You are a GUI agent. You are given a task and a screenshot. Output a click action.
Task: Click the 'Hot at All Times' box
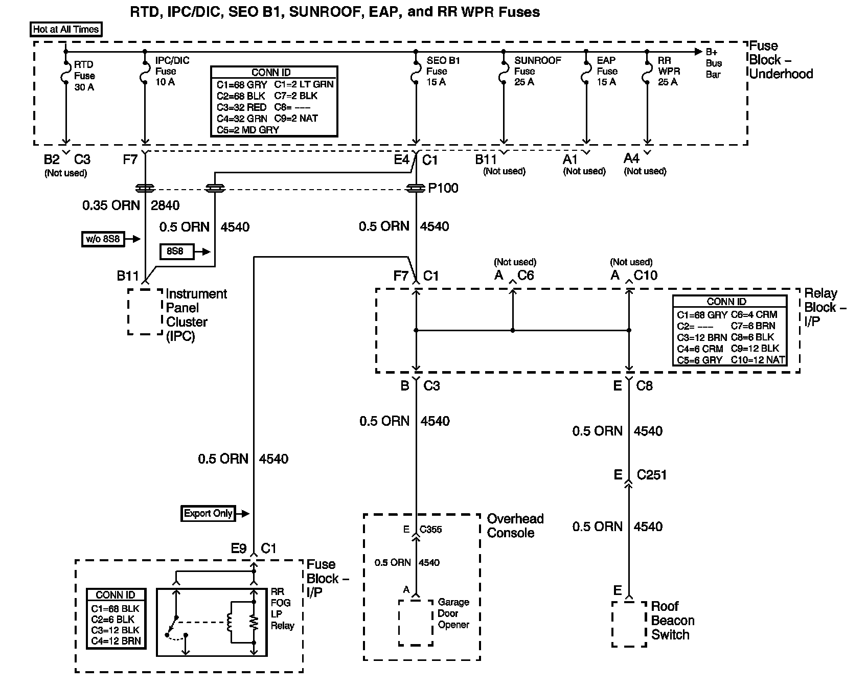[x=66, y=29]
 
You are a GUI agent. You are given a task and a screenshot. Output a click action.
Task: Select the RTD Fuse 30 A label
[x=84, y=76]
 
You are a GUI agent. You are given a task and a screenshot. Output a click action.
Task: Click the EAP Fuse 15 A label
[x=607, y=71]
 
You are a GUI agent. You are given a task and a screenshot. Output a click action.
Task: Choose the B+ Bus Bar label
[x=714, y=63]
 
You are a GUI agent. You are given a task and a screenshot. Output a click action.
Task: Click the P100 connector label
[x=443, y=188]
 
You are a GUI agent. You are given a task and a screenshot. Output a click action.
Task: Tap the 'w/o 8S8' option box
[x=104, y=239]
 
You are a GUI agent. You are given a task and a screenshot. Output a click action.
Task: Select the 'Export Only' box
[x=208, y=513]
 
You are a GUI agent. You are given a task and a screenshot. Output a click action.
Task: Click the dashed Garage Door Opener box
[x=416, y=622]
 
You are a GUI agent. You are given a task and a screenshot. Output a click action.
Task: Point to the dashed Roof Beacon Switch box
[x=629, y=624]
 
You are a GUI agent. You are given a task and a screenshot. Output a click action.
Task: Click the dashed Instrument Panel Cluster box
[x=145, y=312]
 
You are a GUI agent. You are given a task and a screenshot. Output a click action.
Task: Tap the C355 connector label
[x=430, y=530]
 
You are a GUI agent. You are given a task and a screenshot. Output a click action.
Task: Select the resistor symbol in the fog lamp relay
[x=253, y=622]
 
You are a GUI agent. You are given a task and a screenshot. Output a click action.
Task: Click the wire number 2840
[x=165, y=205]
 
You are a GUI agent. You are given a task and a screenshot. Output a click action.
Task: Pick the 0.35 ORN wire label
[x=111, y=205]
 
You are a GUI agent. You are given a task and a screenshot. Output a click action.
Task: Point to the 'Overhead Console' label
[x=515, y=525]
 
